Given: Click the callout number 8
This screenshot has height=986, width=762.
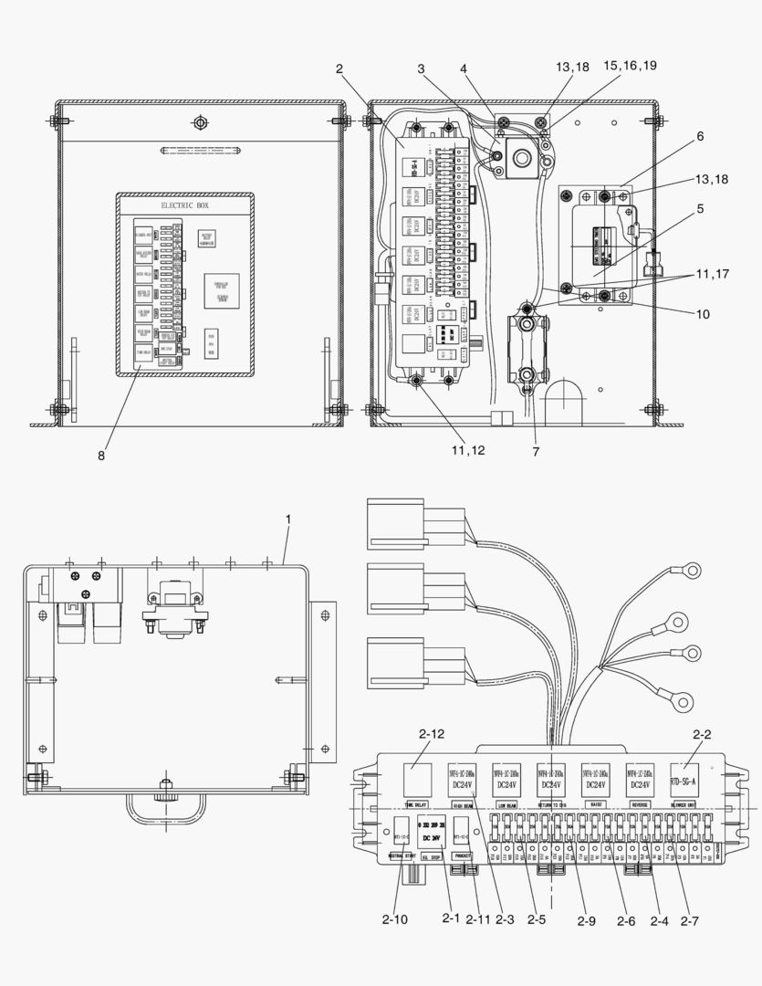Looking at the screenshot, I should (101, 455).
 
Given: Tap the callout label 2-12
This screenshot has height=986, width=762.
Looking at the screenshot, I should (432, 733).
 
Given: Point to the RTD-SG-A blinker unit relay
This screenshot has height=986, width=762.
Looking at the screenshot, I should (685, 778).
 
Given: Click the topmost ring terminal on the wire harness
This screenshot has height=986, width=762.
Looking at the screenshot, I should (694, 572).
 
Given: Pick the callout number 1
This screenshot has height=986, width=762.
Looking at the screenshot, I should (288, 519).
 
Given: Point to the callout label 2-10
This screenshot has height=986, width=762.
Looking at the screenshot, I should (394, 918).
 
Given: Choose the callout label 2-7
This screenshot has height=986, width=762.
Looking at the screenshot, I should (691, 920).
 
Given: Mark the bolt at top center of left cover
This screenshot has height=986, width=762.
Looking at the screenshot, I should (200, 122).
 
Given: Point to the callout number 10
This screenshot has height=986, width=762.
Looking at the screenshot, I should (703, 314).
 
